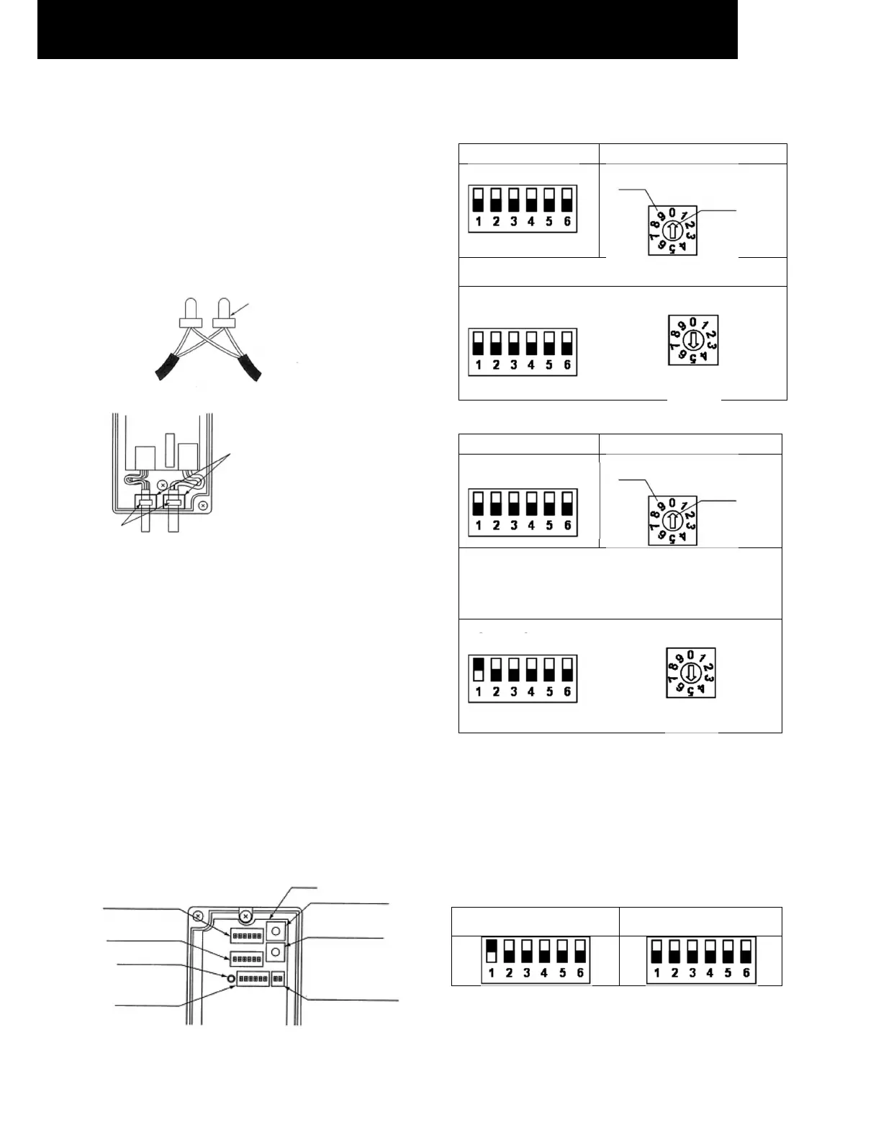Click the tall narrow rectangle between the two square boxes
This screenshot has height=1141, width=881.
pos(171,450)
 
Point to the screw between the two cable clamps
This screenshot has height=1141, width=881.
pos(163,485)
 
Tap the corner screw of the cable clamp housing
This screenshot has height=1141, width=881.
pos(204,506)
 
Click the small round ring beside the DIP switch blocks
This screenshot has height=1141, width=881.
pos(230,979)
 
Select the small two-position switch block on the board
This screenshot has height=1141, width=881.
pos(278,979)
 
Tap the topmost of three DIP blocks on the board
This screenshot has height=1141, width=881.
pos(246,935)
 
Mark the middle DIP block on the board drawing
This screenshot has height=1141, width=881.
pos(246,959)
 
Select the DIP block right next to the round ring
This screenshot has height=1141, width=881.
pos(253,980)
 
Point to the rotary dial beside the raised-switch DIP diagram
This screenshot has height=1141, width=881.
pos(690,674)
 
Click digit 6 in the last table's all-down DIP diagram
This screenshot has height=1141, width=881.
pos(746,973)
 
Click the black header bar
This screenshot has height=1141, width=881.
pos(387,29)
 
